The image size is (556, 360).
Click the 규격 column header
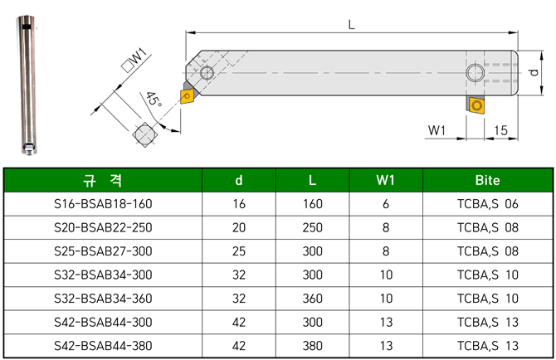click(x=103, y=180)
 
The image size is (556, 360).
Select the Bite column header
click(x=487, y=180)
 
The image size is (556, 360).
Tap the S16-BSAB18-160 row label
click(x=103, y=203)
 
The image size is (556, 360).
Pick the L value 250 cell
click(x=311, y=227)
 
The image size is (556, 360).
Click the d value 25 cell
click(x=239, y=251)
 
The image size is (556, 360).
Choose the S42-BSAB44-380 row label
click(x=103, y=346)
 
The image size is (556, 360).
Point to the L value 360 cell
click(x=311, y=298)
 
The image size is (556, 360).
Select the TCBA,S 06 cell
click(x=487, y=203)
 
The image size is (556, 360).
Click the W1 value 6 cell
click(x=385, y=203)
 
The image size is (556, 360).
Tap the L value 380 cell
click(x=311, y=346)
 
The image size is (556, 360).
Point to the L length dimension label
click(x=353, y=25)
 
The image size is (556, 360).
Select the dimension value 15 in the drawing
click(x=500, y=130)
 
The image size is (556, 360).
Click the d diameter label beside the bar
click(x=534, y=73)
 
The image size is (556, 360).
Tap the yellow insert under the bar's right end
click(x=476, y=105)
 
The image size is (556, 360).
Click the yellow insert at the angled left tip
click(x=188, y=96)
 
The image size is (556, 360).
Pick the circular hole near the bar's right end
click(x=476, y=73)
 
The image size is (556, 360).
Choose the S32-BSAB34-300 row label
click(x=103, y=275)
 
